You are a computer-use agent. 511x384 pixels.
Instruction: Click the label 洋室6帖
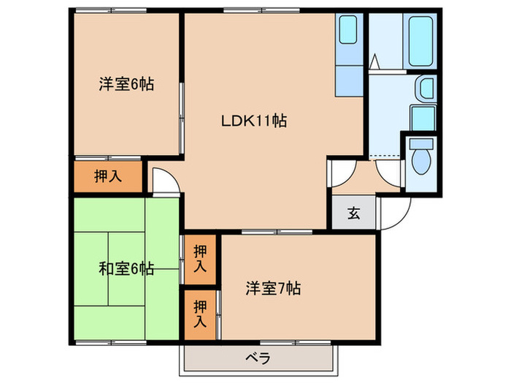tap(126, 84)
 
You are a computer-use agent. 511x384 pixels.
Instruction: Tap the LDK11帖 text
tap(253, 121)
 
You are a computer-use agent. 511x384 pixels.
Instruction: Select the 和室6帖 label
tap(126, 268)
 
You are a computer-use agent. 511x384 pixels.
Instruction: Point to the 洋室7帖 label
tap(273, 287)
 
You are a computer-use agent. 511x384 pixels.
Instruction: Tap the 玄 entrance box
tap(353, 214)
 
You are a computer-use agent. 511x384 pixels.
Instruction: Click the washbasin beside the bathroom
tap(424, 91)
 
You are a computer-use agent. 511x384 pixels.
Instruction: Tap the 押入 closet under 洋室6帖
tap(107, 176)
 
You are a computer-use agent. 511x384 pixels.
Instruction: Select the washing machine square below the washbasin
tap(423, 118)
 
